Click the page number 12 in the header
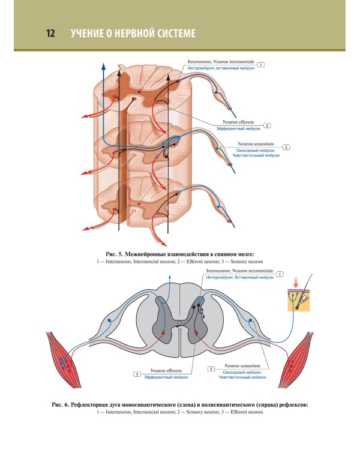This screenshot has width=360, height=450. (50, 33)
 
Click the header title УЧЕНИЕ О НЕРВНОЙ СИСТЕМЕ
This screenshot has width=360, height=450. (133, 33)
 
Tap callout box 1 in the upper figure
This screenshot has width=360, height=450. (260, 65)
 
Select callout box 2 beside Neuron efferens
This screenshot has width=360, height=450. (267, 125)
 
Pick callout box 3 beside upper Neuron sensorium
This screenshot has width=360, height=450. (286, 147)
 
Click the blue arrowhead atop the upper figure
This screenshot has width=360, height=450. (103, 66)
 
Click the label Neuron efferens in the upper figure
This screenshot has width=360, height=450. (238, 122)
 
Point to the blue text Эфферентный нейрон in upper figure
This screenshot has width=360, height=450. (238, 128)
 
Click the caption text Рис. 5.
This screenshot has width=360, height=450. (114, 254)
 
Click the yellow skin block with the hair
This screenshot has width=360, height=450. (299, 300)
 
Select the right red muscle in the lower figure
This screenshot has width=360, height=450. (296, 360)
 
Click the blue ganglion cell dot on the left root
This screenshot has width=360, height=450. (109, 320)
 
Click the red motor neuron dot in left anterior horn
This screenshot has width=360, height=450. (163, 333)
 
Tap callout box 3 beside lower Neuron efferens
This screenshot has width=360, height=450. (137, 374)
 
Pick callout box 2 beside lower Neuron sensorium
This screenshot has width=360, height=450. (211, 369)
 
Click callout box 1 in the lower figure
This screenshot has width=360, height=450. (280, 274)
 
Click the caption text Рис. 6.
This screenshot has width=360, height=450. (61, 405)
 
